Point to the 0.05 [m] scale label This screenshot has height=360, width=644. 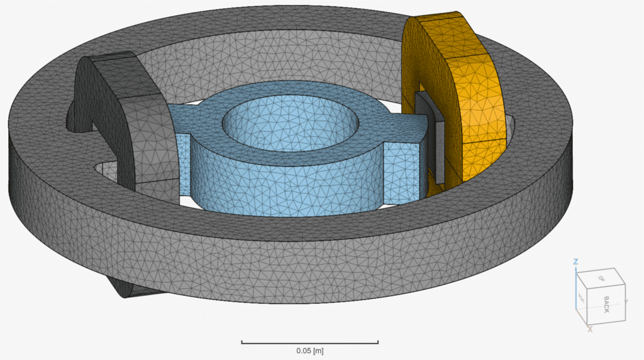point(310,350)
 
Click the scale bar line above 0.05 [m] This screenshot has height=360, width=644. point(309,342)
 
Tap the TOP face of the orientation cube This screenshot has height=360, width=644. point(601,278)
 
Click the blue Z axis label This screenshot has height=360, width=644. point(575,262)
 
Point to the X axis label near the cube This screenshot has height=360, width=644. point(589,329)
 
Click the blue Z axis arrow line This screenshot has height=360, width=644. point(576,290)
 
